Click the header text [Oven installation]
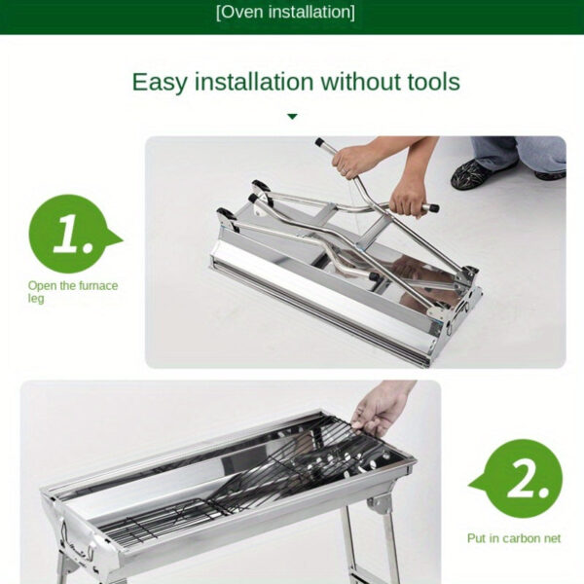click(x=285, y=13)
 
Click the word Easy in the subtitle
click(x=160, y=82)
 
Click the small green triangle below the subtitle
click(x=292, y=117)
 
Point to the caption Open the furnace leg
click(x=72, y=291)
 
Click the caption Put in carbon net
click(x=514, y=538)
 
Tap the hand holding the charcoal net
click(x=383, y=407)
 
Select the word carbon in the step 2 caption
click(x=517, y=538)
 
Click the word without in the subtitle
click(x=356, y=82)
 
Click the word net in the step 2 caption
click(x=551, y=538)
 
